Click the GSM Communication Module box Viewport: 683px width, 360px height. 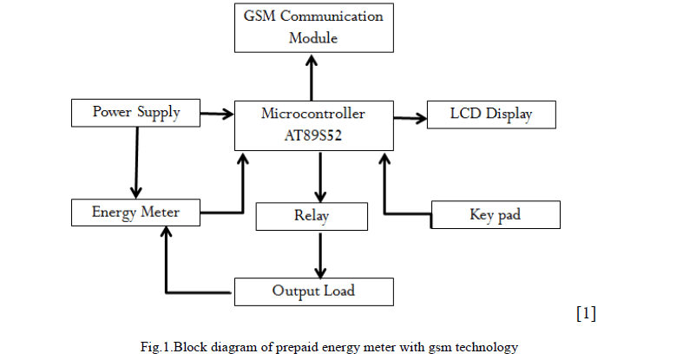tap(313, 27)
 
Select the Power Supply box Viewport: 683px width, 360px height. tap(135, 113)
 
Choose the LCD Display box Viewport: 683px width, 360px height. tap(490, 115)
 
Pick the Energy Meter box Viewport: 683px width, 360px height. tap(135, 212)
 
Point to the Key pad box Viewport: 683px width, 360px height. tap(496, 214)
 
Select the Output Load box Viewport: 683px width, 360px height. tap(313, 291)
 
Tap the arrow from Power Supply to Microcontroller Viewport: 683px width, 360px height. tap(217, 113)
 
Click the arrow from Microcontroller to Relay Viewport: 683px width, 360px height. tap(321, 177)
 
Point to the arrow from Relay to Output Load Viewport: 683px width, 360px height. tap(321, 254)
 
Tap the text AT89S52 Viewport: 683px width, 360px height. tap(313, 136)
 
